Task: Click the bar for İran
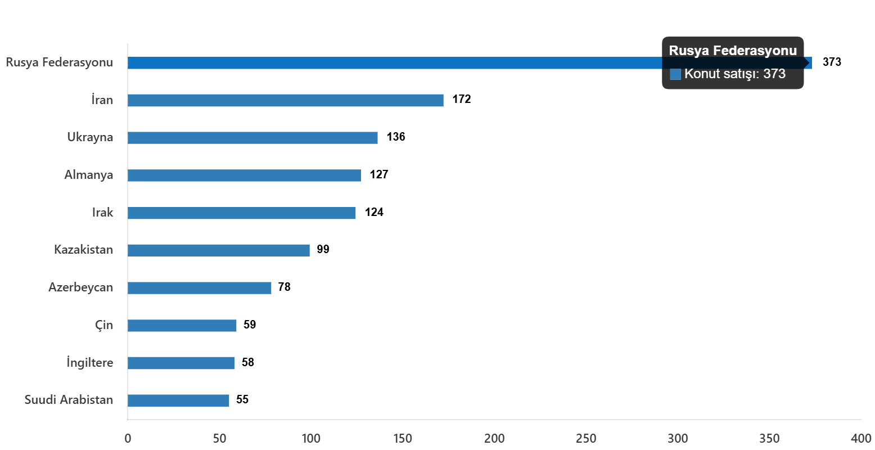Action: point(285,101)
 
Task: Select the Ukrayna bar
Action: point(252,138)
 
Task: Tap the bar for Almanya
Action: point(244,175)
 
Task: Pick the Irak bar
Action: point(242,213)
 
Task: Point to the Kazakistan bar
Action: point(219,250)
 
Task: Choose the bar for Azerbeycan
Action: point(200,288)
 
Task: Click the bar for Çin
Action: point(182,326)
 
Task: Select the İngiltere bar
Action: point(181,363)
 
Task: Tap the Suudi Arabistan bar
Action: point(178,400)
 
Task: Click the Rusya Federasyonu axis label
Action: point(60,62)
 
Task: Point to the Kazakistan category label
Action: point(84,250)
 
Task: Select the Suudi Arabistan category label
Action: point(69,400)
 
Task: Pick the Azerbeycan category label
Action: point(81,287)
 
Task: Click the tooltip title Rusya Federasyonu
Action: point(733,51)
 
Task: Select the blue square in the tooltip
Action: point(675,74)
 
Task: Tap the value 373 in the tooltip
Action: point(774,74)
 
